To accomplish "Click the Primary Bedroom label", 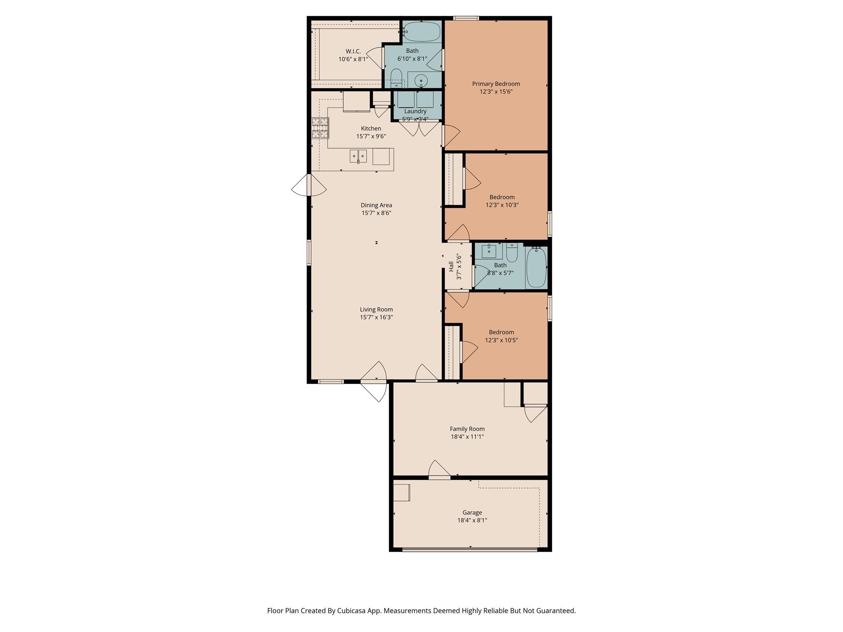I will tap(496, 84).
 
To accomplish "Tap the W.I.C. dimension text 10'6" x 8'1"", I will tap(353, 59).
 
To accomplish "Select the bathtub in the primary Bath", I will tap(421, 31).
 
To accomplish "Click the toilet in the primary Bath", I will tap(396, 78).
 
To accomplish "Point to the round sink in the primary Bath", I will tap(421, 80).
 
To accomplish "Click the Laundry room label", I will tap(415, 111).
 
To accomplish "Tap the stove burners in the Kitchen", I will tap(320, 128).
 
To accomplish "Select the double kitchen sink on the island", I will tap(358, 156).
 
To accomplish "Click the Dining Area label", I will tap(376, 205).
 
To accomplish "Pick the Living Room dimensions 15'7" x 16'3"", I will tap(376, 317).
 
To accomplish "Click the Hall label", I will tap(451, 266).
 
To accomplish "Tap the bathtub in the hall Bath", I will tap(536, 267).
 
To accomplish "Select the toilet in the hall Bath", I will tap(512, 253).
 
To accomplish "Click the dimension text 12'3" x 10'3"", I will tap(502, 205).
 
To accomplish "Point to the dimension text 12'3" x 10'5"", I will tap(501, 340).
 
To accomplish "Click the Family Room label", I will tap(467, 429).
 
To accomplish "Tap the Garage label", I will tap(472, 513).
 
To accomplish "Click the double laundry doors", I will tap(419, 128).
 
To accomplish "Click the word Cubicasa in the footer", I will tap(352, 611).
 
